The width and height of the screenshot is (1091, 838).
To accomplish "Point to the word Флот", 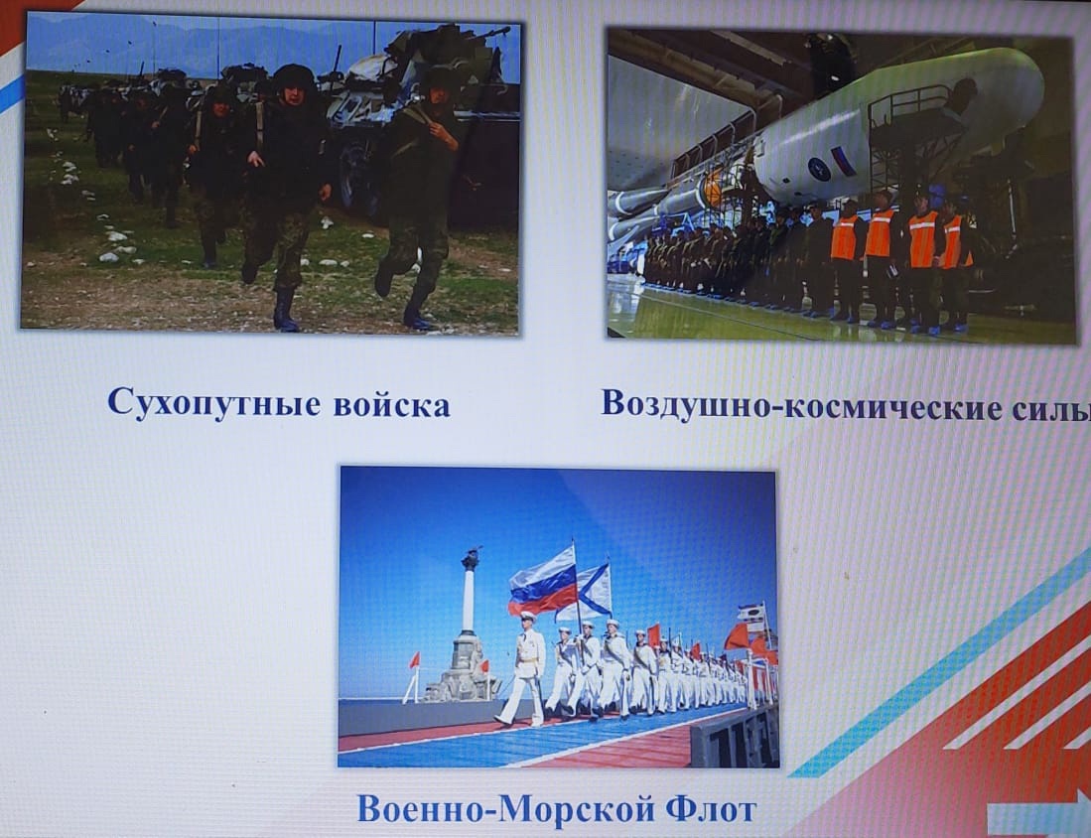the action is (711, 809).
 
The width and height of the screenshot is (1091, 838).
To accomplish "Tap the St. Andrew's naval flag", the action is (588, 593).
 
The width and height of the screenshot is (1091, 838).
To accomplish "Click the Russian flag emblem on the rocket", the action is (843, 161).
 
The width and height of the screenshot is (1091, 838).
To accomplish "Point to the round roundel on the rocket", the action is (818, 169).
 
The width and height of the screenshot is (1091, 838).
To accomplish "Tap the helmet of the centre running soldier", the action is (294, 75).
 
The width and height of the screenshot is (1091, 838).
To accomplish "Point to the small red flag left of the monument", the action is (415, 660).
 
